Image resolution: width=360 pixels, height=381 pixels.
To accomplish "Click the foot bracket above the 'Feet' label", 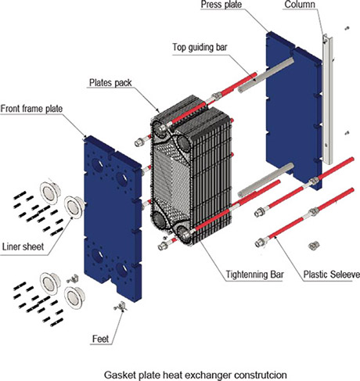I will coord(120,308).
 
